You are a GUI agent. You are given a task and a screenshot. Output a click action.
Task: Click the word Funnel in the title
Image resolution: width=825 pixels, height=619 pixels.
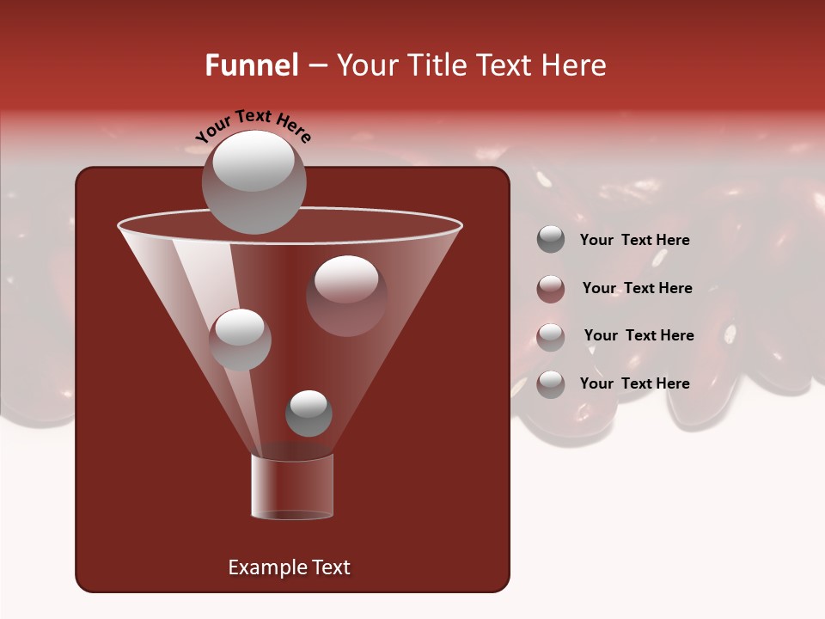[x=251, y=65]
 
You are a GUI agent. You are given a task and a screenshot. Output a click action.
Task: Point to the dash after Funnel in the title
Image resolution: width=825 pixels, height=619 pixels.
[x=316, y=66]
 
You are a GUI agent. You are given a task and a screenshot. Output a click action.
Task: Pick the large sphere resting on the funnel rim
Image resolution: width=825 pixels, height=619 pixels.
[x=254, y=181]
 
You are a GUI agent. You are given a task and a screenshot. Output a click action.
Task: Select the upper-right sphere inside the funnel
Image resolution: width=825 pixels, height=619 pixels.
[x=346, y=295]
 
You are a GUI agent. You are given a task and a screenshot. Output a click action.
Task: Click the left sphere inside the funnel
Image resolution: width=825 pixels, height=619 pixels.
[x=240, y=339]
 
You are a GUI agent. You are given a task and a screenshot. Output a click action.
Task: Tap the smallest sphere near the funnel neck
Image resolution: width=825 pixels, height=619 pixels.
[x=309, y=414]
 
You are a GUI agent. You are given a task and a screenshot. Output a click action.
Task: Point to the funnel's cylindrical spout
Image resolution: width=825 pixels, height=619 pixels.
[x=292, y=487]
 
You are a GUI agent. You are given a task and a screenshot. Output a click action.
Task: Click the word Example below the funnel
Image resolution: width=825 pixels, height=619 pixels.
[x=266, y=567]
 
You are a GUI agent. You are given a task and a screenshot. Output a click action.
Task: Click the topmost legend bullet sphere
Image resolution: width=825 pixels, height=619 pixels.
[x=551, y=240]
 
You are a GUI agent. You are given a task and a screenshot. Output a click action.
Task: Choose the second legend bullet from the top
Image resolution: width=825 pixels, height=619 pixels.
[x=551, y=289]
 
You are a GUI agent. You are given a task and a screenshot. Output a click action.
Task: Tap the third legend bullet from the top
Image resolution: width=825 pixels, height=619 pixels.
[x=551, y=336]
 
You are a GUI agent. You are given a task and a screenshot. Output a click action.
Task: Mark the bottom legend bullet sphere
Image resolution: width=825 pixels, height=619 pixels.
[x=551, y=384]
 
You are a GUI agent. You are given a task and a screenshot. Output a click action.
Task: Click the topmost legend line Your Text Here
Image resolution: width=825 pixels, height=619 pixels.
[x=634, y=241]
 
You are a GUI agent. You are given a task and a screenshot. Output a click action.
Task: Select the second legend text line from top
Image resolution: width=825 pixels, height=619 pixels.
[x=637, y=289]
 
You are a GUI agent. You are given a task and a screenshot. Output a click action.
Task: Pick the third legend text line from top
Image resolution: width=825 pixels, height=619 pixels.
[x=639, y=336]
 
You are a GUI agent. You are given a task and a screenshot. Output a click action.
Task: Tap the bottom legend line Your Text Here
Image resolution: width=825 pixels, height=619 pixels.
[x=634, y=383]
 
